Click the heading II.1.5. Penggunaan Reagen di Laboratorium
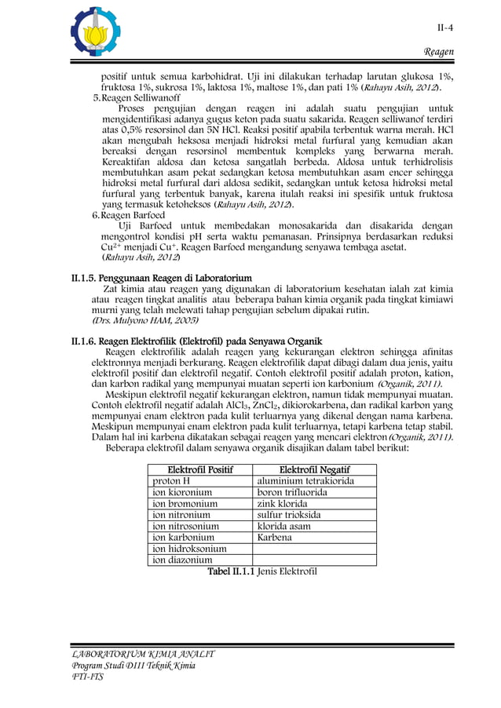pos(162,278)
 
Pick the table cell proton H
pos(172,480)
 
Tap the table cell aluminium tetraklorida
pos(305,480)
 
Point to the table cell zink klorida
pos(287,503)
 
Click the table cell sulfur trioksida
pos(289,515)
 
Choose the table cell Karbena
pos(275,538)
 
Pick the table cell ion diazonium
pos(182,560)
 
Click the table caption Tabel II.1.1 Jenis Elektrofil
pos(261,571)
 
